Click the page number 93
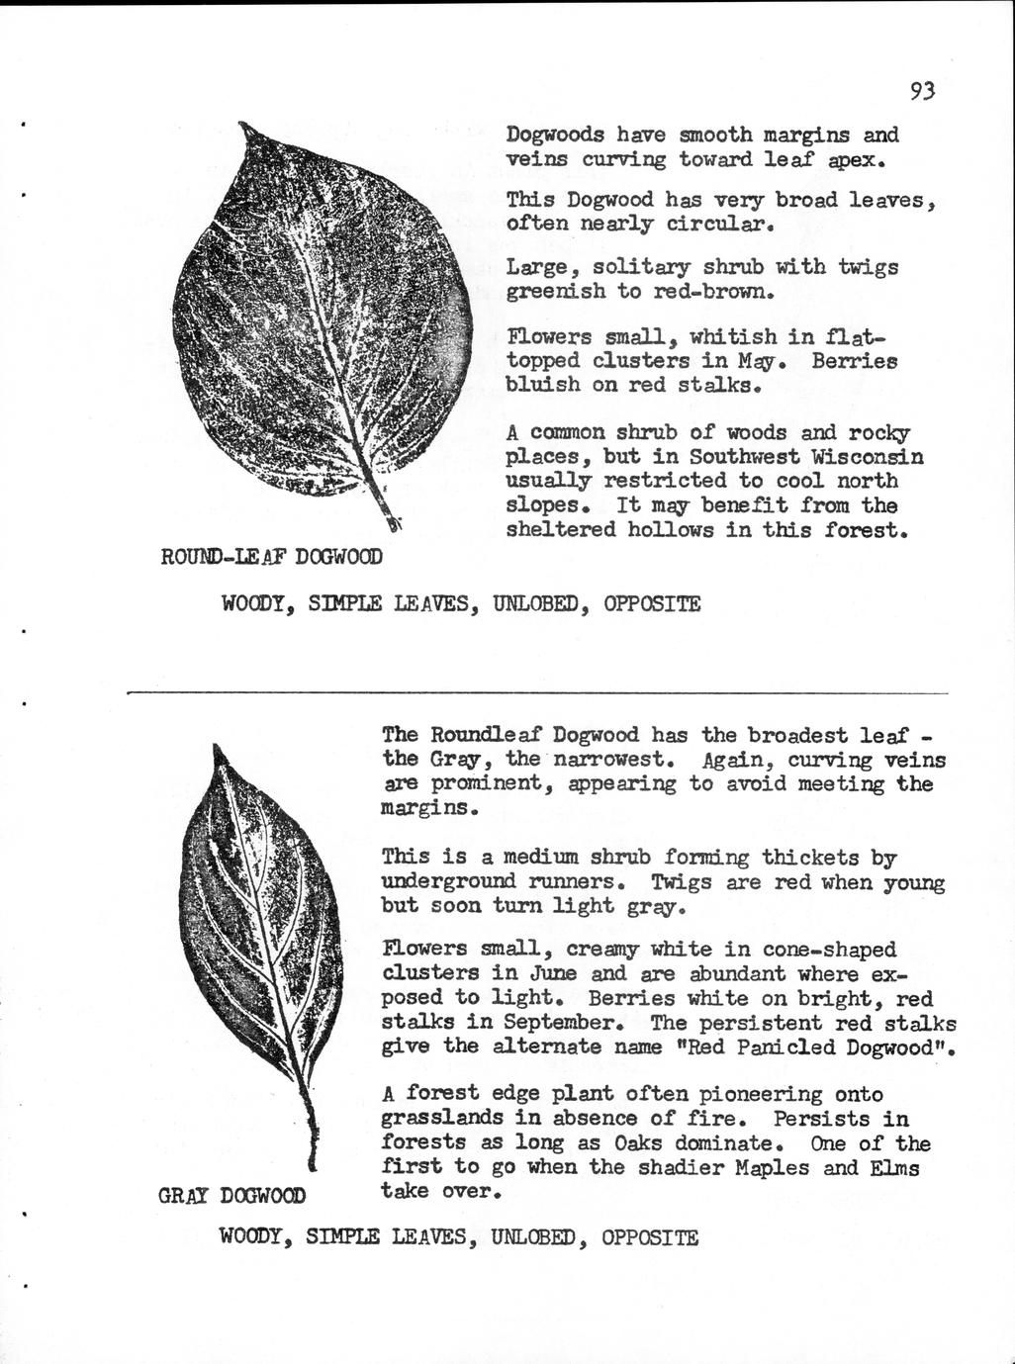(922, 92)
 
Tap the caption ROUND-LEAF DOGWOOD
(271, 558)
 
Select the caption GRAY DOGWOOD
(231, 1195)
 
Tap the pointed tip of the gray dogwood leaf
(215, 750)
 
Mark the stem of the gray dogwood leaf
(310, 1137)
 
